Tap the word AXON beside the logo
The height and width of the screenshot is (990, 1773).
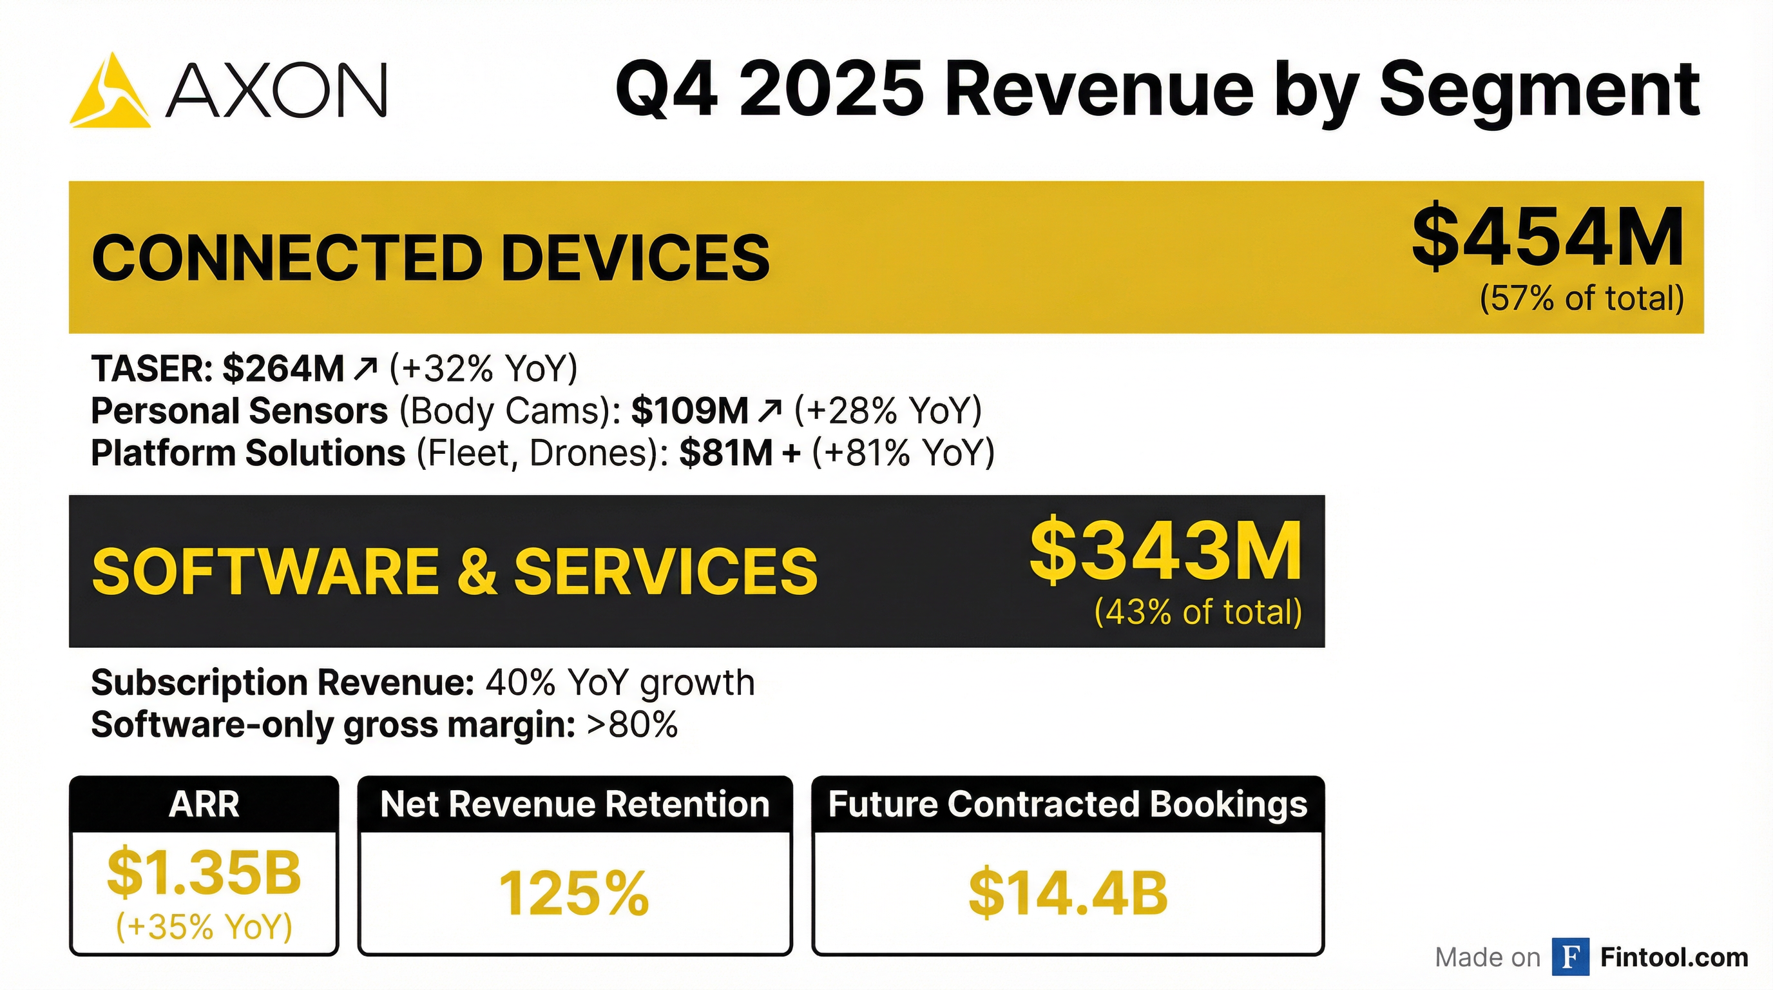[x=276, y=90]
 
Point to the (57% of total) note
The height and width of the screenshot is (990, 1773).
[x=1582, y=299]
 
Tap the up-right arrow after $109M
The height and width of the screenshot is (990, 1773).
[x=769, y=411]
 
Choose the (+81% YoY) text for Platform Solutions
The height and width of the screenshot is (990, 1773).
[x=903, y=454]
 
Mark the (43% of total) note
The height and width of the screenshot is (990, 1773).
[x=1198, y=612]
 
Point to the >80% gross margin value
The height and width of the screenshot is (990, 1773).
[x=632, y=725]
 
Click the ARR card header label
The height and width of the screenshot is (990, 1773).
[x=204, y=804]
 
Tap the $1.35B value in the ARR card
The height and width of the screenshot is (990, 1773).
[x=204, y=872]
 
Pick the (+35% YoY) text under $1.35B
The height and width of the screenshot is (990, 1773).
[x=204, y=927]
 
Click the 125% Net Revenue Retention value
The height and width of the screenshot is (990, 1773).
[x=574, y=893]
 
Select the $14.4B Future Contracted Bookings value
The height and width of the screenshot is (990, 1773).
[x=1068, y=893]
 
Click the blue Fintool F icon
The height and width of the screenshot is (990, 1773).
[x=1570, y=957]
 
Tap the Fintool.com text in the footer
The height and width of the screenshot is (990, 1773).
[x=1674, y=958]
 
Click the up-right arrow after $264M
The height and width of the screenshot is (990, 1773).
[x=365, y=369]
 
